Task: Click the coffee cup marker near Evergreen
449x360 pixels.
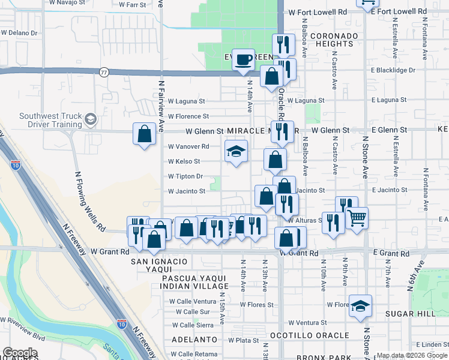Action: coord(243,60)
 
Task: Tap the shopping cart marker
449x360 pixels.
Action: coord(357,219)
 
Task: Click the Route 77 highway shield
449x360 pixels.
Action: coord(104,72)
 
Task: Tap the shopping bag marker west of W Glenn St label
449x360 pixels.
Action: coord(145,134)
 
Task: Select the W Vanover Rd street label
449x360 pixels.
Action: coord(188,146)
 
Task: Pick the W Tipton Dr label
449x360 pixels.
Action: coord(185,176)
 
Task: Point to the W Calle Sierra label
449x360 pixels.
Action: coord(191,325)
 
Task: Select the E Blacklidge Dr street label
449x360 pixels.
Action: coord(393,70)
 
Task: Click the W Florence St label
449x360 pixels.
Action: coord(188,116)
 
